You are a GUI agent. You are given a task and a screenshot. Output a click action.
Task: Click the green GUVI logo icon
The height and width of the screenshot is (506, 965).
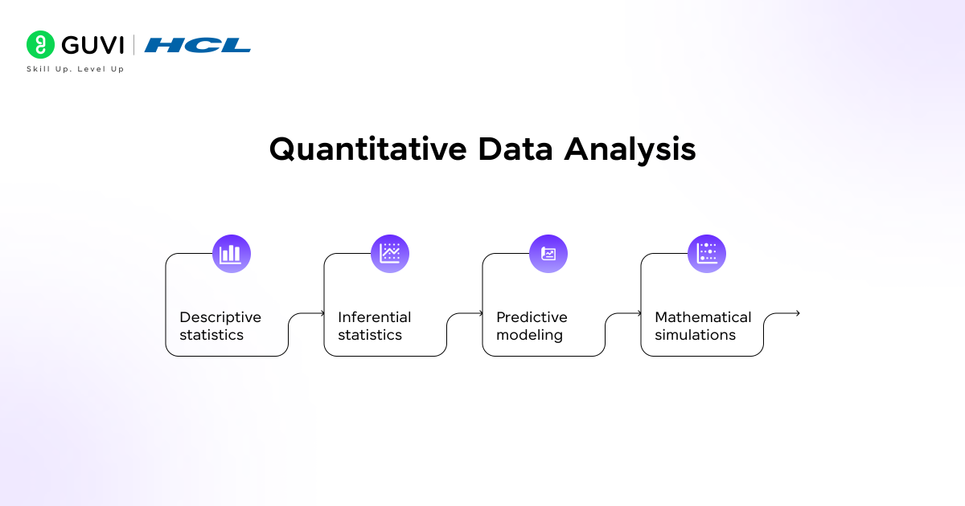pos(40,45)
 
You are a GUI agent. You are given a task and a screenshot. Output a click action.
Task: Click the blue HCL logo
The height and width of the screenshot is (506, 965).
pos(198,46)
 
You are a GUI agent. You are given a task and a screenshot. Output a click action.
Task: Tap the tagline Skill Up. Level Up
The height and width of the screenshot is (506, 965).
pos(75,69)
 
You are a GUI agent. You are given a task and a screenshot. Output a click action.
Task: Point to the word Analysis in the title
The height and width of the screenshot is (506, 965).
pos(630,150)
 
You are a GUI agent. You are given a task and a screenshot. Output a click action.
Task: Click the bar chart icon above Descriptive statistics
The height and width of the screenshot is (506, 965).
pos(232,254)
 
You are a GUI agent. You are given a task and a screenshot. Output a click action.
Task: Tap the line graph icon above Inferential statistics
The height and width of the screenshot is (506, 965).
pos(390,254)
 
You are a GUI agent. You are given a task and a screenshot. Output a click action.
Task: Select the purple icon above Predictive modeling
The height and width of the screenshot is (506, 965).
pos(548,254)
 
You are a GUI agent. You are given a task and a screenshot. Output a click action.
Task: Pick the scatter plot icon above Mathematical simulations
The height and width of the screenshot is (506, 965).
pos(707,254)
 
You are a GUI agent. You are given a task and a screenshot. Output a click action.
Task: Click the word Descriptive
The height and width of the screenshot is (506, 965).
pos(220,317)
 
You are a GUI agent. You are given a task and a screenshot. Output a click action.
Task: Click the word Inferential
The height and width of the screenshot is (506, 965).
pos(374,317)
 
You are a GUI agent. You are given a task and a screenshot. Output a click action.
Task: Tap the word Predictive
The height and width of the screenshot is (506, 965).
pos(532,317)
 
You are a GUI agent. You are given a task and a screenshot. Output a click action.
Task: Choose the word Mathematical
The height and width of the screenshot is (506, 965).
pos(703,317)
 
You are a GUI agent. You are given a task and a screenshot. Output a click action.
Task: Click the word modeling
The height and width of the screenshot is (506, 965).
pos(529,335)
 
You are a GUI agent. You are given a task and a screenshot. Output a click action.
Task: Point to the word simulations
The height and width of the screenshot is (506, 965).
pos(695,335)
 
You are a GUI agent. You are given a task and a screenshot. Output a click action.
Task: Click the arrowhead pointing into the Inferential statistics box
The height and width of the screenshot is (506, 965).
pos(322,313)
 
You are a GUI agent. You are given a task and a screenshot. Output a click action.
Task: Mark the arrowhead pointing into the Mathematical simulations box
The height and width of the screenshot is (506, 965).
pos(639,313)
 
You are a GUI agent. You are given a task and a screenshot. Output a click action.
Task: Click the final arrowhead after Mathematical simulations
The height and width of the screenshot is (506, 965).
pos(797,313)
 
